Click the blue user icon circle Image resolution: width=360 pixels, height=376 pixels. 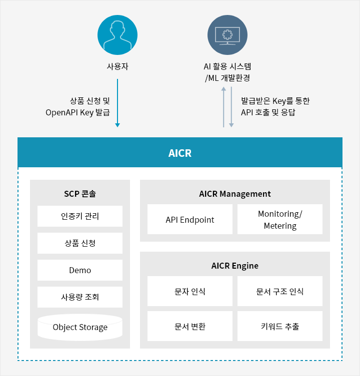tap(117, 35)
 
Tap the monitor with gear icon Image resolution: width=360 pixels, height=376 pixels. tap(227, 35)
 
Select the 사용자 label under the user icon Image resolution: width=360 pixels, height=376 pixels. tap(117, 66)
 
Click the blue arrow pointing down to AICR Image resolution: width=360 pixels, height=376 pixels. tap(117, 103)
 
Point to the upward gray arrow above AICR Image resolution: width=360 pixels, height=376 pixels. tap(223, 107)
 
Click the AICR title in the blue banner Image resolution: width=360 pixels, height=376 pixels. tap(180, 153)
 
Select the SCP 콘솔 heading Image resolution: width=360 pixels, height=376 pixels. tap(80, 194)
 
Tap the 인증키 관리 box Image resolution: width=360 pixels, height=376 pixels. tap(80, 216)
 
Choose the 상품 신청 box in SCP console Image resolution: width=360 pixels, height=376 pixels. tap(80, 243)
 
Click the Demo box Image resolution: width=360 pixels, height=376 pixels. tap(80, 270)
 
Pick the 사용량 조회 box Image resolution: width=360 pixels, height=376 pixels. tap(80, 297)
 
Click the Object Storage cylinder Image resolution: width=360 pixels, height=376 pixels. tap(80, 328)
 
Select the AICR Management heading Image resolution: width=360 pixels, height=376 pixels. tap(235, 194)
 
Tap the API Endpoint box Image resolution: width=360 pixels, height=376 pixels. tap(190, 219)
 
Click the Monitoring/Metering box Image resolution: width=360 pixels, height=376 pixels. tap(280, 219)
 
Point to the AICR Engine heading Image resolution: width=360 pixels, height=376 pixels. tap(235, 266)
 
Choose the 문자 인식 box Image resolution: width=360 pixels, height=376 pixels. tap(190, 291)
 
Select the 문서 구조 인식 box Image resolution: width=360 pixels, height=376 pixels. tap(280, 291)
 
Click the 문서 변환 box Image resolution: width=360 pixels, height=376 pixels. tap(190, 326)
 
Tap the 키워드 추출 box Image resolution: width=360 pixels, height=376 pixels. tap(280, 326)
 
